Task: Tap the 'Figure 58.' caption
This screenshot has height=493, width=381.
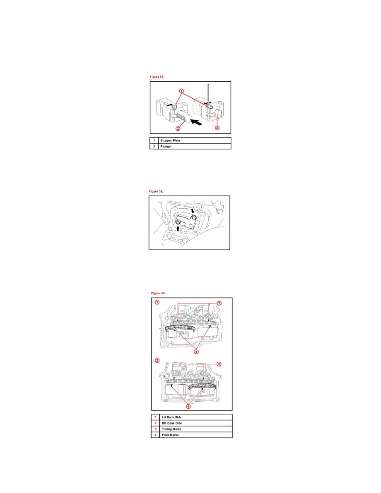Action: (156, 191)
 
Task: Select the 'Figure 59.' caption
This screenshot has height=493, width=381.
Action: (159, 293)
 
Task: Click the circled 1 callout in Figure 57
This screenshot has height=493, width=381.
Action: (181, 90)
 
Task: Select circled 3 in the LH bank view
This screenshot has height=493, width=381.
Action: (219, 303)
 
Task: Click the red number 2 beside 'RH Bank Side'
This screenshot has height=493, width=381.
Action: (154, 423)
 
